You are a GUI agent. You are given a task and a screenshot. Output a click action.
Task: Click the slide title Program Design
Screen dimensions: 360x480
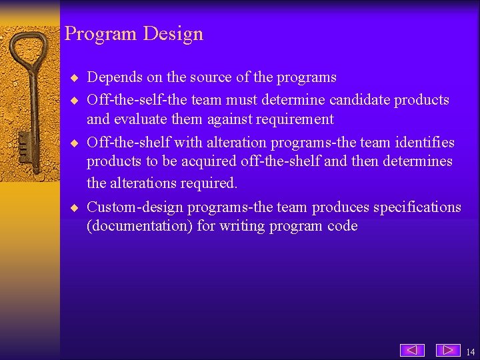tap(133, 33)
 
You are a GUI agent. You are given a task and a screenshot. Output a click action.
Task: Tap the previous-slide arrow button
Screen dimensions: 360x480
tap(412, 350)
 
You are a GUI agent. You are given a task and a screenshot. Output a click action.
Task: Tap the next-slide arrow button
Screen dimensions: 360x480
tap(448, 350)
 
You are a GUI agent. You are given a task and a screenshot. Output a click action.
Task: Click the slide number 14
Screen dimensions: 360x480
tap(471, 351)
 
